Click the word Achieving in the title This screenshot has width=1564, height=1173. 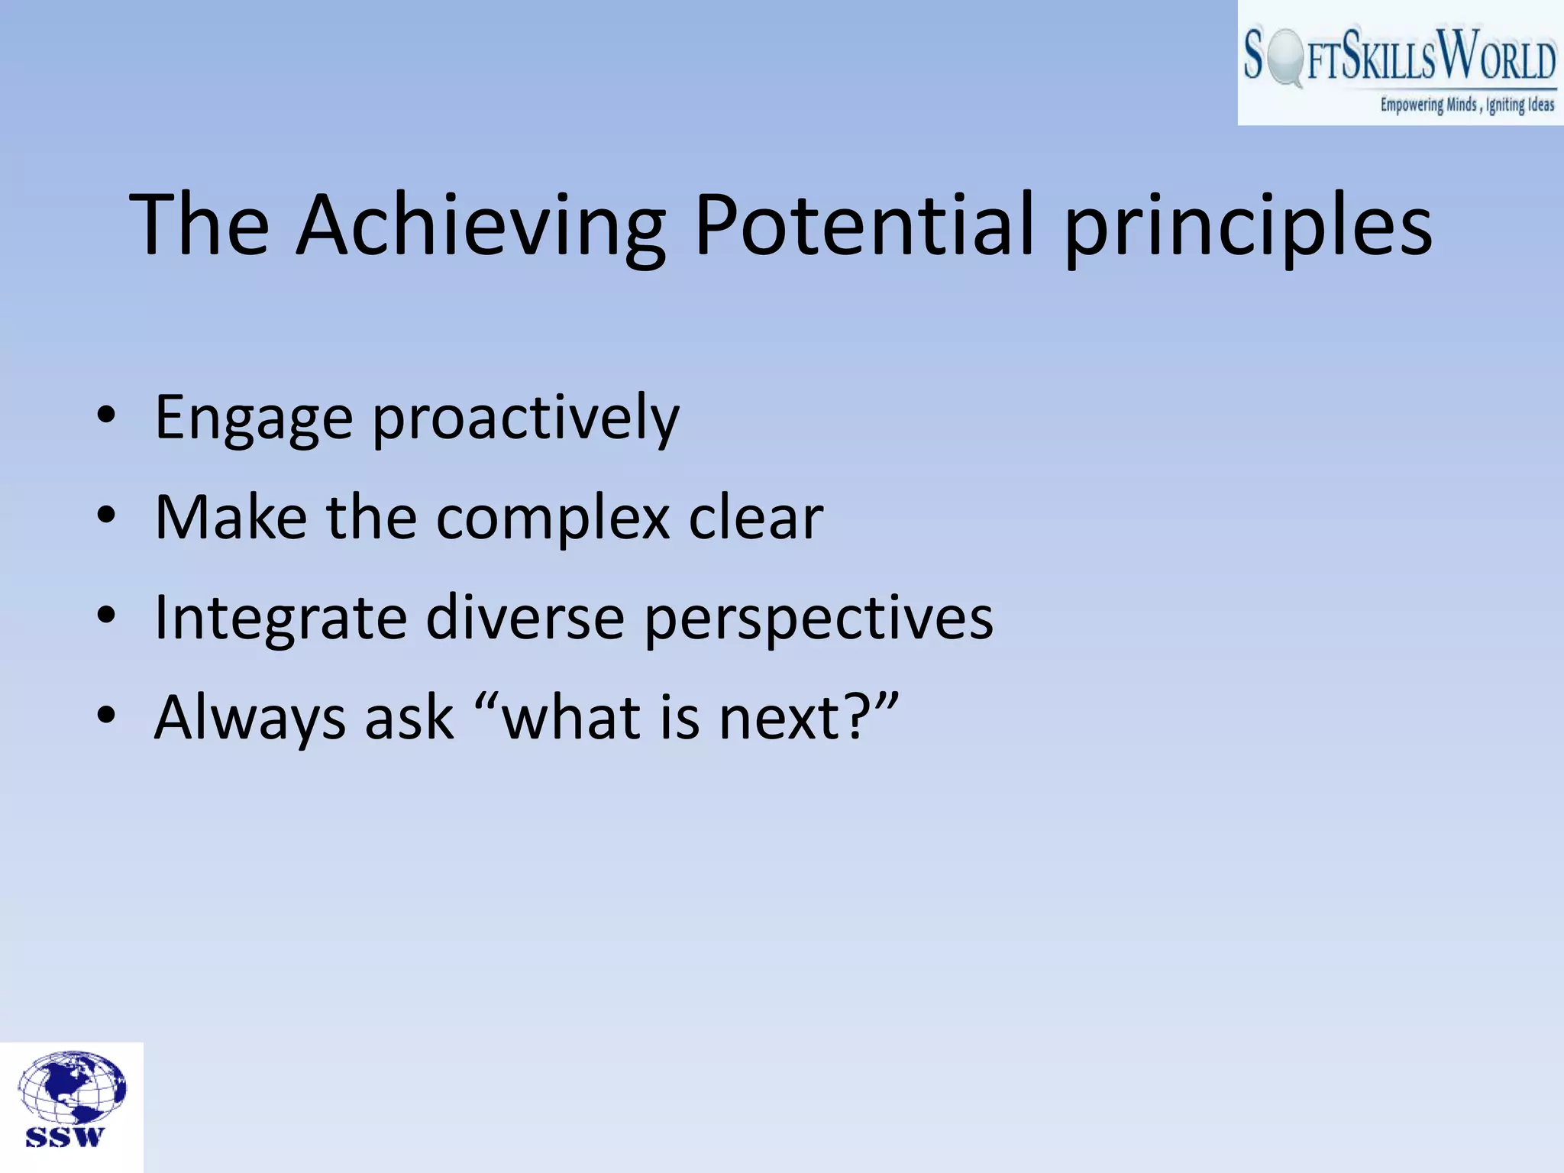(x=481, y=225)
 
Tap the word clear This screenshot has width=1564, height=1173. (x=755, y=518)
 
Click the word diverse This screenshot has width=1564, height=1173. (x=525, y=617)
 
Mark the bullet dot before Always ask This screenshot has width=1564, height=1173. (x=106, y=716)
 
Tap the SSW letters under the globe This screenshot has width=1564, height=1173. (x=64, y=1137)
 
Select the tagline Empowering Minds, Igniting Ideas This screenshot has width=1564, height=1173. (x=1466, y=105)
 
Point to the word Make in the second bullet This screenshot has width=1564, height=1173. (x=231, y=518)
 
